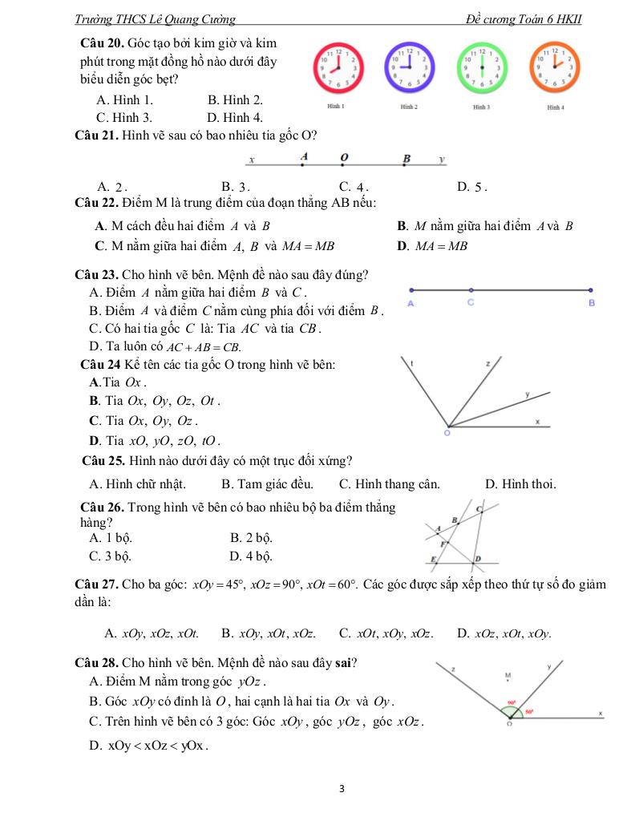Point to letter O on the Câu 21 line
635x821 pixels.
pos(345,156)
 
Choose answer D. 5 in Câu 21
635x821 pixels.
pos(472,187)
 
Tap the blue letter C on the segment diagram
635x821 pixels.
pos(471,302)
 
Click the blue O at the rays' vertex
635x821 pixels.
pos(447,434)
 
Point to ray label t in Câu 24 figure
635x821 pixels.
pos(411,363)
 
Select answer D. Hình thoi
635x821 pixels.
pos(520,484)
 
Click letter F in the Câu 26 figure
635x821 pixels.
pos(443,544)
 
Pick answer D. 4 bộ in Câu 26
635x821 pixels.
pos(251,555)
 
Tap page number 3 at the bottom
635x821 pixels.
pos(342,789)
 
